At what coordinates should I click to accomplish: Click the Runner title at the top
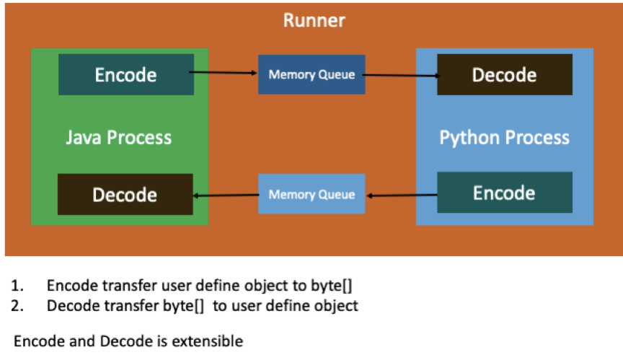[314, 20]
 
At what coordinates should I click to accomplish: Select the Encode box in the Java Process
[126, 74]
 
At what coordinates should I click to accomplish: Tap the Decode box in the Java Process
[125, 194]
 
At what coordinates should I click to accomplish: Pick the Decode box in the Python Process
[504, 74]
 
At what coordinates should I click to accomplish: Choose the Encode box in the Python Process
[504, 193]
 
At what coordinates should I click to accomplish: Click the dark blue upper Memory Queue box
[311, 74]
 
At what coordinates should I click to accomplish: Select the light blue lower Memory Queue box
[311, 194]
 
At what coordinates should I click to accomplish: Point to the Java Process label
[119, 137]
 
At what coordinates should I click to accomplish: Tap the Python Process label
[504, 137]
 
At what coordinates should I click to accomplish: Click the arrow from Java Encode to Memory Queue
[224, 73]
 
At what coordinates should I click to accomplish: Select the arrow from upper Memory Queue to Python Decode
[401, 74]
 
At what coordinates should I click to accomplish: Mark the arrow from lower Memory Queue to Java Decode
[226, 195]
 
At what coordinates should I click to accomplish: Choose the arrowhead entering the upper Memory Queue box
[255, 73]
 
